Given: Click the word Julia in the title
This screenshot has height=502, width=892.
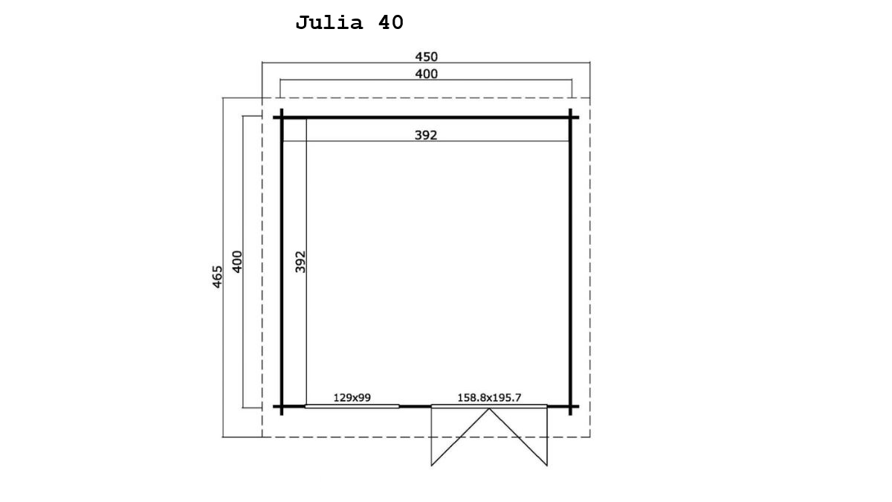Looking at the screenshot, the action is coord(329,23).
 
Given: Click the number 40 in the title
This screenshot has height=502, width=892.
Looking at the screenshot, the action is coord(391,22).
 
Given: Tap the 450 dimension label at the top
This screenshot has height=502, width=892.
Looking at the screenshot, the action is coord(426,57).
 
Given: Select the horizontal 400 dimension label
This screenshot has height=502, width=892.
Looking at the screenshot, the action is coord(426,74).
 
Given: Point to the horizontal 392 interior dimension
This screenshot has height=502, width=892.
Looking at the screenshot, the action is coord(426,135).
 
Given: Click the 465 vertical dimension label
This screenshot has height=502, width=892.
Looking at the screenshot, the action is coord(217,277).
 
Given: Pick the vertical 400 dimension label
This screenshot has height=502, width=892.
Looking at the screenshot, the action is coord(237,262).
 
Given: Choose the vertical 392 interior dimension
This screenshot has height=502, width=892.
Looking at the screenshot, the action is coord(300,262).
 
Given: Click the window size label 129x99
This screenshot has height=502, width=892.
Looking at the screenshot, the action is coord(352,398).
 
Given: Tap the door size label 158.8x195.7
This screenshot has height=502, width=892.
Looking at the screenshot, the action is coord(489,398).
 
